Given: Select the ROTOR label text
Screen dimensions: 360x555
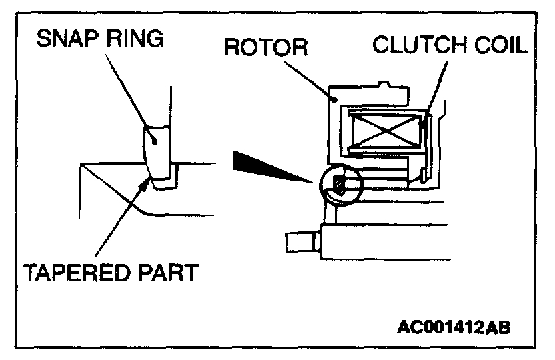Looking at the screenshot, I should pos(266,48).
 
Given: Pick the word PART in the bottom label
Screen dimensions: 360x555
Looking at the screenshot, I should pos(169,273).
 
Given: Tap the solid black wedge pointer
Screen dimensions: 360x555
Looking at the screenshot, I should pos(267,167).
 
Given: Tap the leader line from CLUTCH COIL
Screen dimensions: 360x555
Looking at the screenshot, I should pos(434,87).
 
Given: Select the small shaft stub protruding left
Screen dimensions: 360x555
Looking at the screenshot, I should pos(301,241).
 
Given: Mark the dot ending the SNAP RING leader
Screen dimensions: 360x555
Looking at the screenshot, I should pos(153,141).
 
